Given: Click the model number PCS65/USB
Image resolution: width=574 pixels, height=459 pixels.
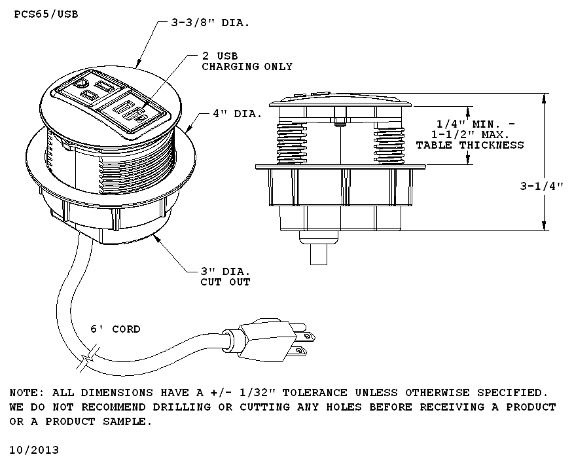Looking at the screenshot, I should [x=45, y=13].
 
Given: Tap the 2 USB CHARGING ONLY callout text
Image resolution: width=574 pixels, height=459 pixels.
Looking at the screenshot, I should [x=247, y=62].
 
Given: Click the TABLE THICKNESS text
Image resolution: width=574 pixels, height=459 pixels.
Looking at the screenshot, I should [x=470, y=145].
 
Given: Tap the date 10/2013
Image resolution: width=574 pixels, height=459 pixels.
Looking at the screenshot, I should [x=34, y=450].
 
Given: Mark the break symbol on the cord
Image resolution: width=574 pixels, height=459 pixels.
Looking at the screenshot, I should [x=88, y=361].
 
